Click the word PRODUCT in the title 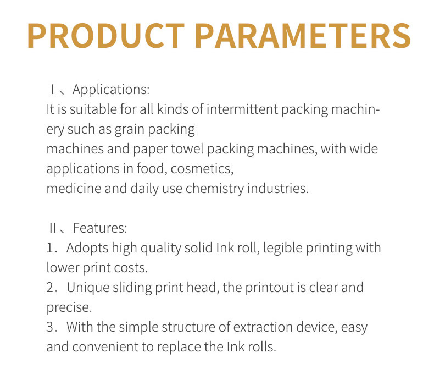pyautogui.click(x=106, y=36)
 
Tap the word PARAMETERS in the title pyautogui.click(x=303, y=36)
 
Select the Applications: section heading pyautogui.click(x=111, y=90)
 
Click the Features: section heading pyautogui.click(x=100, y=228)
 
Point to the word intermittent pyautogui.click(x=242, y=109)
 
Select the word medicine pyautogui.click(x=74, y=189)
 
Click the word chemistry pyautogui.click(x=214, y=189)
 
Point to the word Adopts pyautogui.click(x=87, y=248)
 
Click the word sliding pyautogui.click(x=132, y=288)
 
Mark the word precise pyautogui.click(x=69, y=307)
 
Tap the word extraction pyautogui.click(x=263, y=327)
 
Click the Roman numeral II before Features pyautogui.click(x=53, y=228)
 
